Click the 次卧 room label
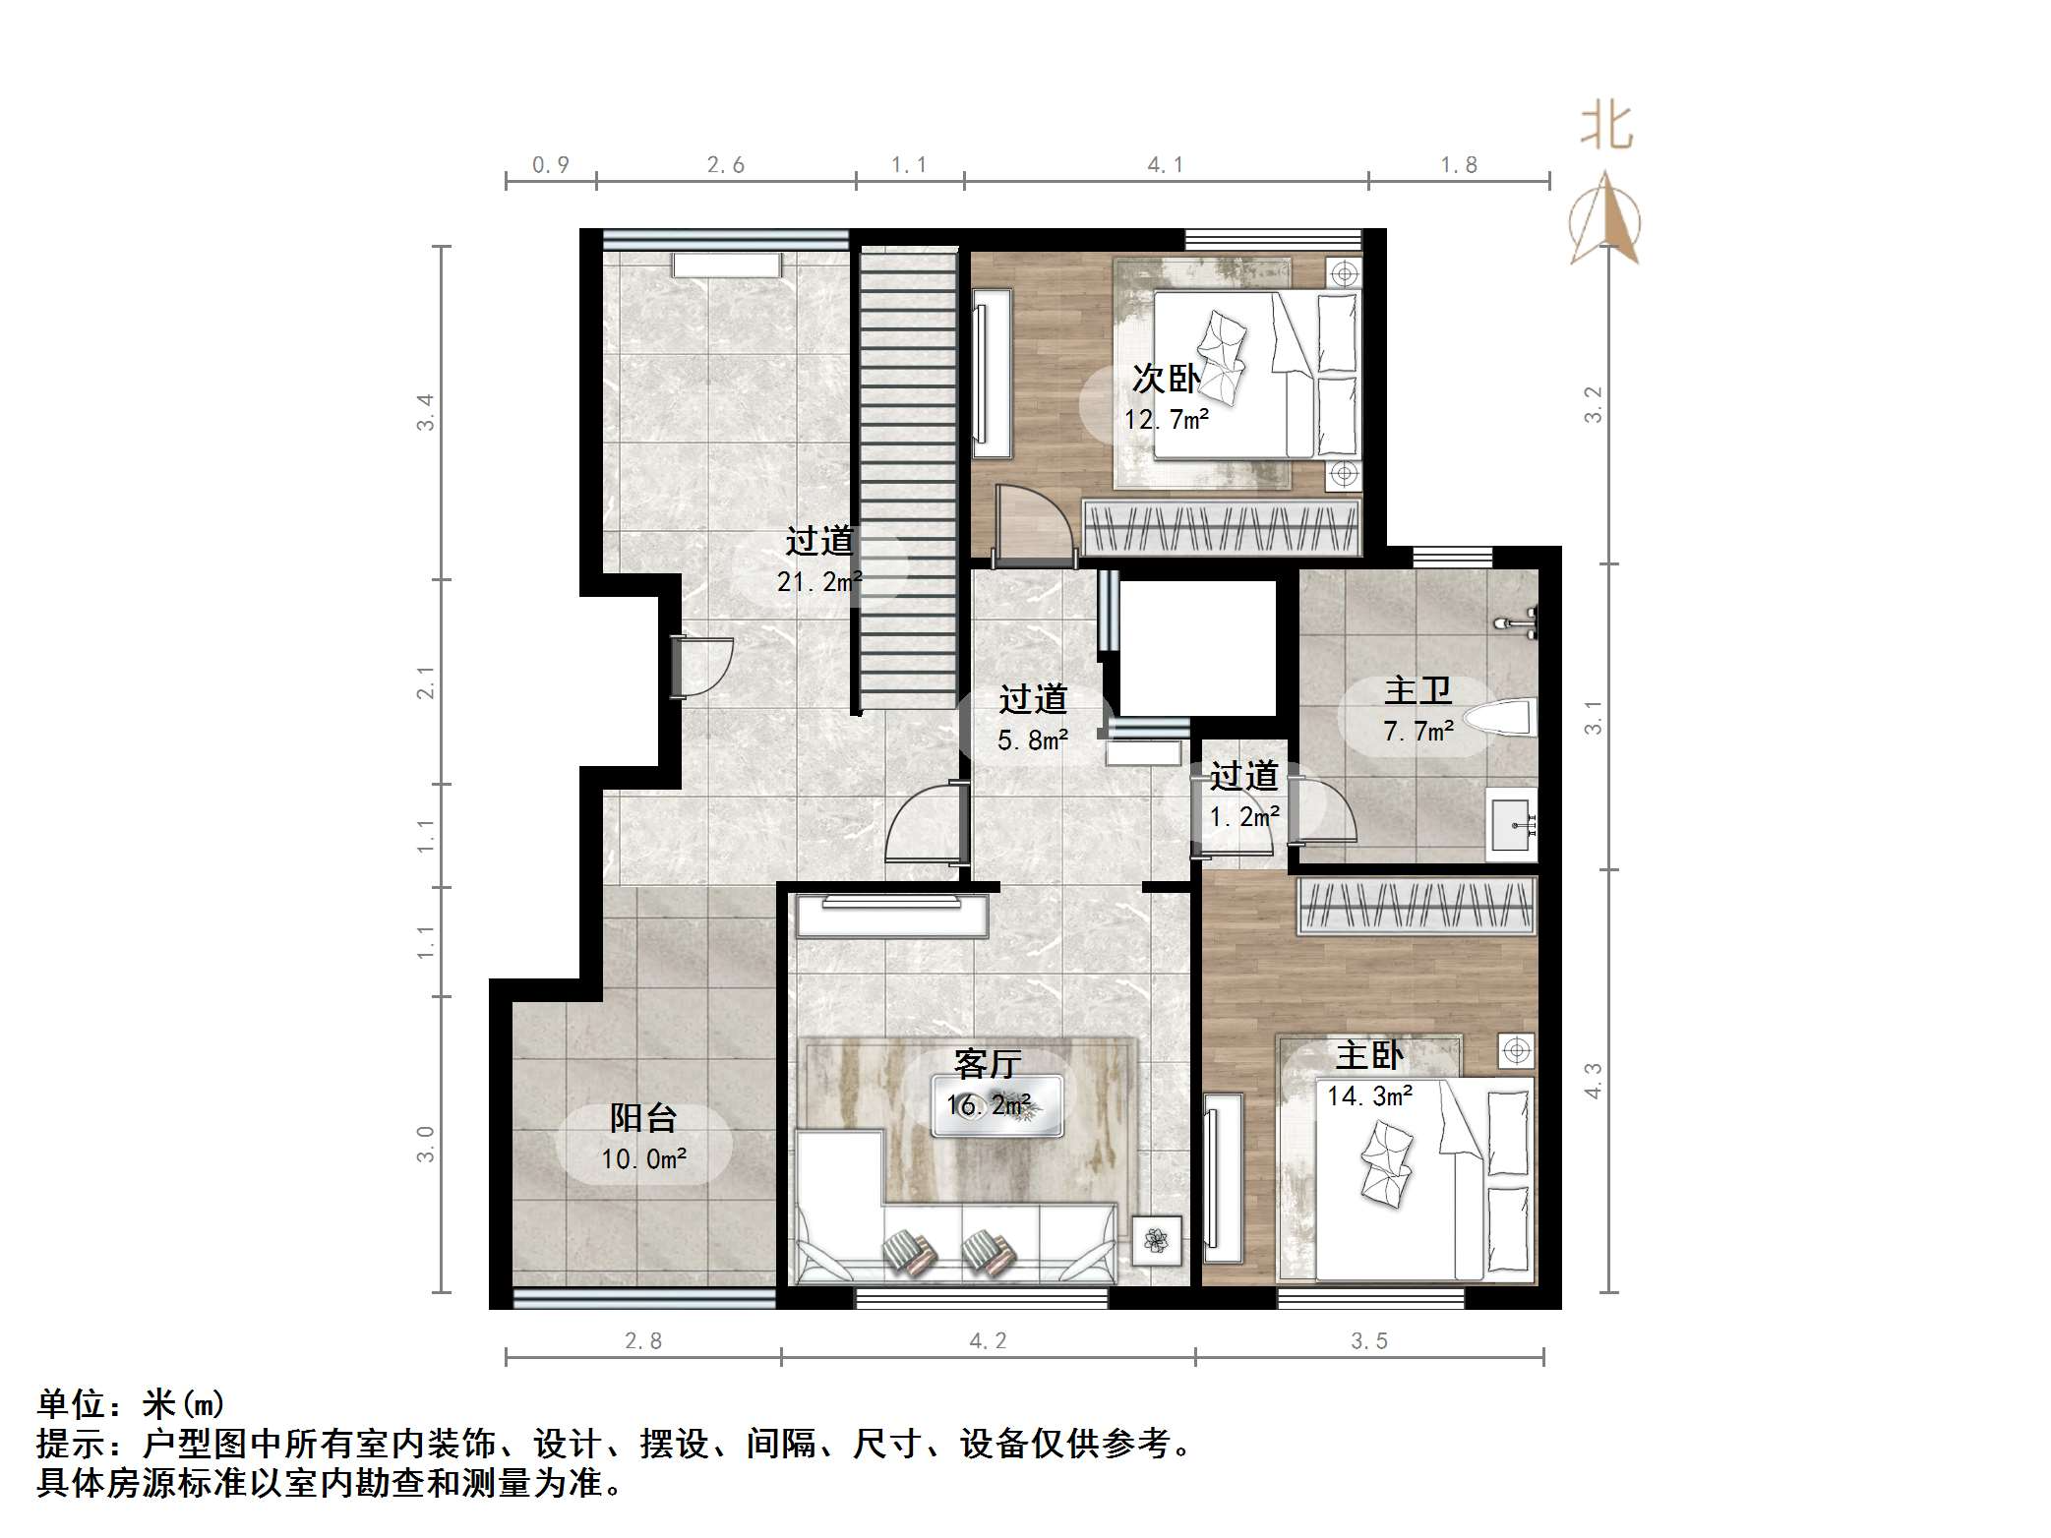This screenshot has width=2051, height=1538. click(x=1166, y=379)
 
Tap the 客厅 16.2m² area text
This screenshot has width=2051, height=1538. click(x=989, y=1105)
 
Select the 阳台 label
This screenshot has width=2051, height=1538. click(x=643, y=1118)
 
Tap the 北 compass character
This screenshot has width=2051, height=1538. click(x=1606, y=127)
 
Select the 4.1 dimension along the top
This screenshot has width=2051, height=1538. click(x=1166, y=165)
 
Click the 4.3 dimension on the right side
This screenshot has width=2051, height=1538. click(x=1593, y=1080)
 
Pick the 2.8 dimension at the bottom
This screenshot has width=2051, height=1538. click(x=643, y=1341)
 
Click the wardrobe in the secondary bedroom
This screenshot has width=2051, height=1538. click(x=1222, y=528)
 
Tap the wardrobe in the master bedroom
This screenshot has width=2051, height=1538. click(x=1417, y=905)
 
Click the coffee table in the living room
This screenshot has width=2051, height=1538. click(x=996, y=1106)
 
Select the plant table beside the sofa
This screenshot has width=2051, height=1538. click(x=1157, y=1241)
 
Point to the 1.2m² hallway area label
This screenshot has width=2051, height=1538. click(x=1244, y=816)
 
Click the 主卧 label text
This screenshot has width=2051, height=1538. click(x=1369, y=1056)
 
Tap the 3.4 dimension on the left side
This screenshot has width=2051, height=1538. click(x=425, y=412)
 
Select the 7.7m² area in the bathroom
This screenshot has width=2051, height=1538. click(x=1418, y=732)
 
